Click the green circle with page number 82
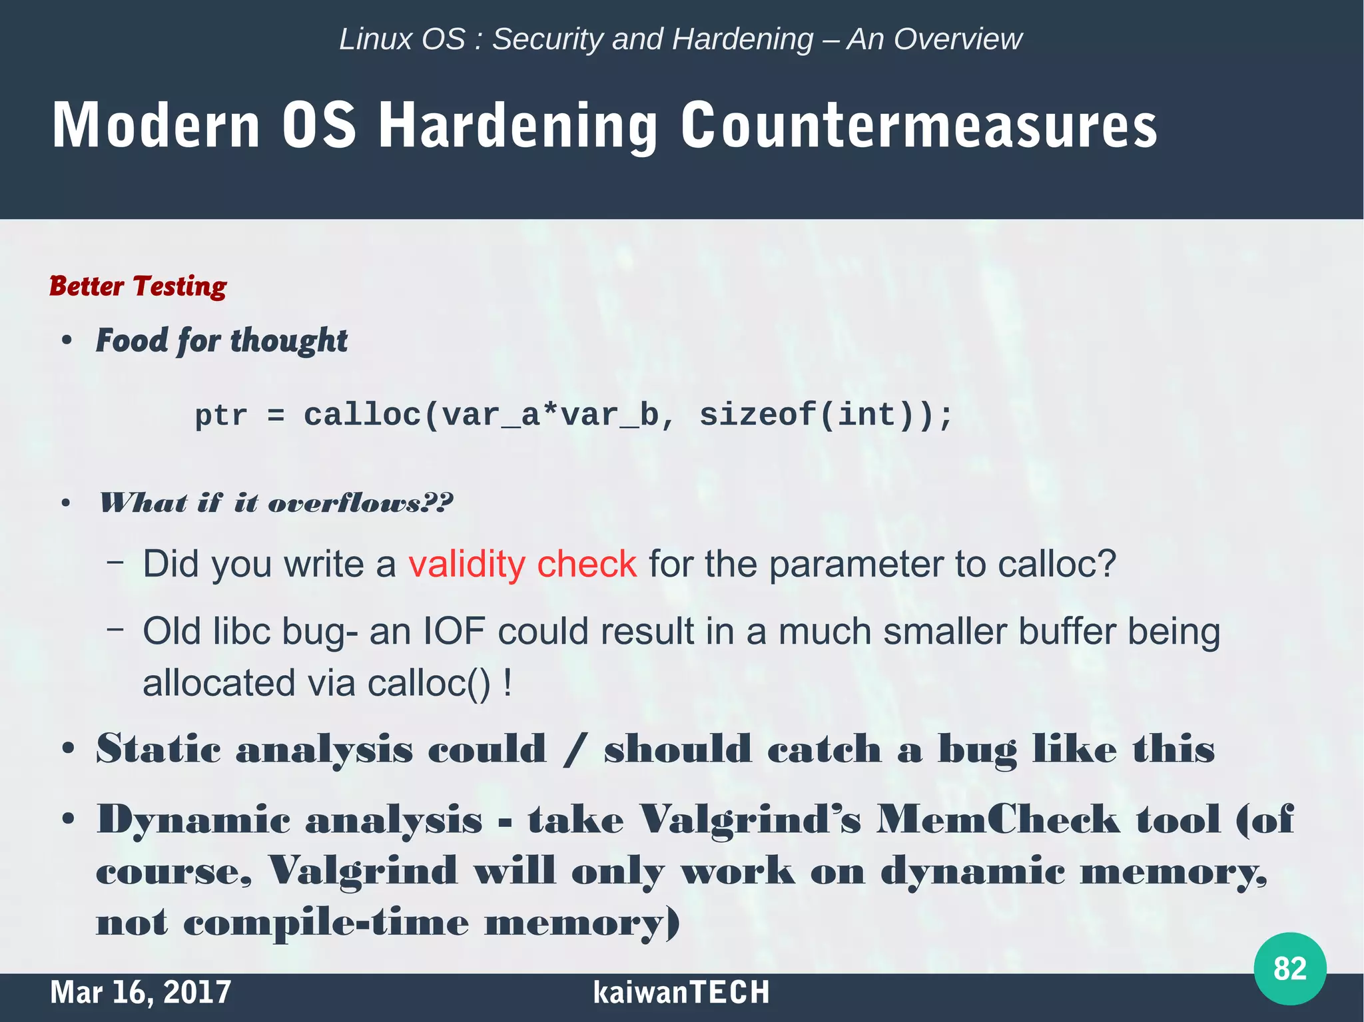click(1289, 968)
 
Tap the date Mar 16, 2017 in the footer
click(141, 992)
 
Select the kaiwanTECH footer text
click(681, 992)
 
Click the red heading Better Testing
click(138, 286)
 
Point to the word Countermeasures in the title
click(918, 126)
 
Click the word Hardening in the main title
click(518, 126)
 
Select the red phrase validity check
click(522, 565)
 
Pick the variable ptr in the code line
click(220, 416)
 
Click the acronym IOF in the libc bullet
click(454, 631)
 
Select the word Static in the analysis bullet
click(158, 749)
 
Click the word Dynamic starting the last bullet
click(193, 820)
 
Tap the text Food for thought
click(222, 341)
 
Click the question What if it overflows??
click(276, 503)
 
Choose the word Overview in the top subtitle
click(957, 39)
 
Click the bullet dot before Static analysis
click(67, 750)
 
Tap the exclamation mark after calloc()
click(508, 683)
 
